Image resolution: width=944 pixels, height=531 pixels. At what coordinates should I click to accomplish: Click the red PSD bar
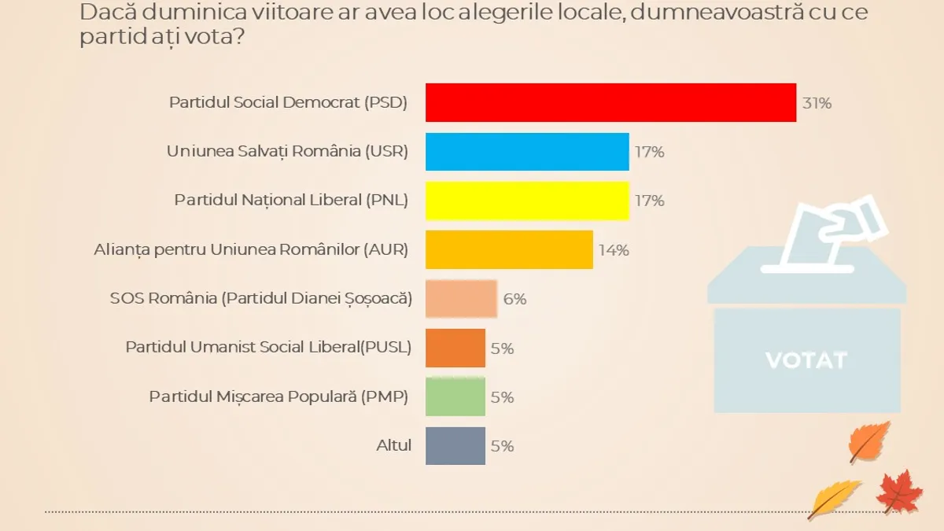[610, 102]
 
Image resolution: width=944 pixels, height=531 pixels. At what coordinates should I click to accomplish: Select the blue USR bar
[527, 152]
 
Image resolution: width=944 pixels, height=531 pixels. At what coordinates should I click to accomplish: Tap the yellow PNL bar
[527, 201]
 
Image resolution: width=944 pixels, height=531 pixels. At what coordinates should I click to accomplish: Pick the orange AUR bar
[509, 249]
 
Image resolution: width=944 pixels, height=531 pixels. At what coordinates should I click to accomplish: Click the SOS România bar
[461, 299]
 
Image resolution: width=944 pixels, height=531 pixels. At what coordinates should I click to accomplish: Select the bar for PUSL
[455, 348]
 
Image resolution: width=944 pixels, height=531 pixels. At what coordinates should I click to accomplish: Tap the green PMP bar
[455, 396]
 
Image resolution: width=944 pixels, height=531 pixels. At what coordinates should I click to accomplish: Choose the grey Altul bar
[455, 445]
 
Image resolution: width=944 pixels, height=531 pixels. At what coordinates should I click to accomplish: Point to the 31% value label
[817, 103]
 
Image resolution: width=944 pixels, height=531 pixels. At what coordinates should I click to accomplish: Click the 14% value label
[614, 250]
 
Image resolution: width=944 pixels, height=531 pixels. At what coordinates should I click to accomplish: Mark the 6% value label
[514, 299]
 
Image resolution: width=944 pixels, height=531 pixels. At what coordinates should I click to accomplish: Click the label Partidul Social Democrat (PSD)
[289, 103]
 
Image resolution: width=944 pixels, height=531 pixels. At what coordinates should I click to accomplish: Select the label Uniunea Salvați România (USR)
[287, 152]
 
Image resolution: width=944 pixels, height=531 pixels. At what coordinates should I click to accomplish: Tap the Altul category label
[394, 445]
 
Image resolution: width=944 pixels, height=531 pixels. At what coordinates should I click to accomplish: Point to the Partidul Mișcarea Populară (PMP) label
[278, 396]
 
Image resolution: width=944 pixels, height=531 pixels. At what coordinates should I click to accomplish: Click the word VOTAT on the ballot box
[806, 360]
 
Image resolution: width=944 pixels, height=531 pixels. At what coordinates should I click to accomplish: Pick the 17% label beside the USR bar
[650, 152]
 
